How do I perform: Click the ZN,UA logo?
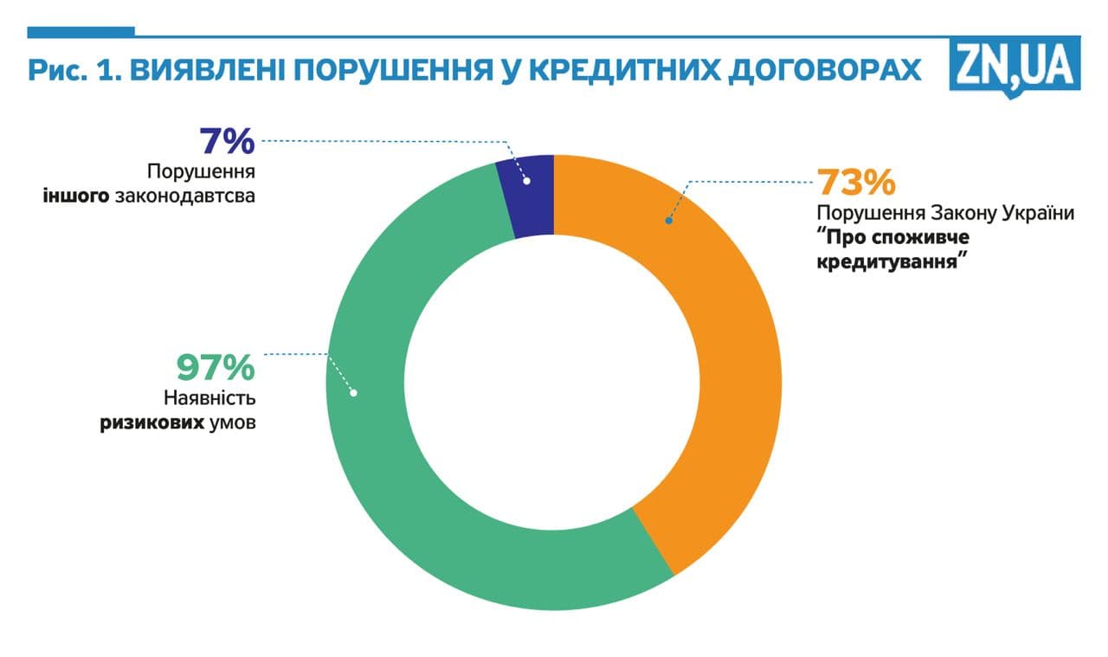1015,66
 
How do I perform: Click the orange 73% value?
855,183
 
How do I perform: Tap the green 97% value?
216,367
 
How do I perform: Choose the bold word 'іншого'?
76,196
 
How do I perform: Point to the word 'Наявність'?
209,399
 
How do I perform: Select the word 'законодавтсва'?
184,196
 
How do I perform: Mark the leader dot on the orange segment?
668,221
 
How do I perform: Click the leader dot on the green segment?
353,393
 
